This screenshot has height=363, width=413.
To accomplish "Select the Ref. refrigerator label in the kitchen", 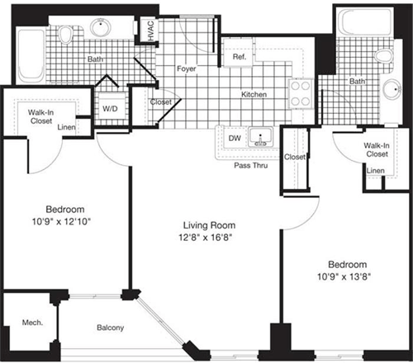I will coord(240,59).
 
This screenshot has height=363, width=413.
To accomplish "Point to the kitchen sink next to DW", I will coord(263,138).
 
